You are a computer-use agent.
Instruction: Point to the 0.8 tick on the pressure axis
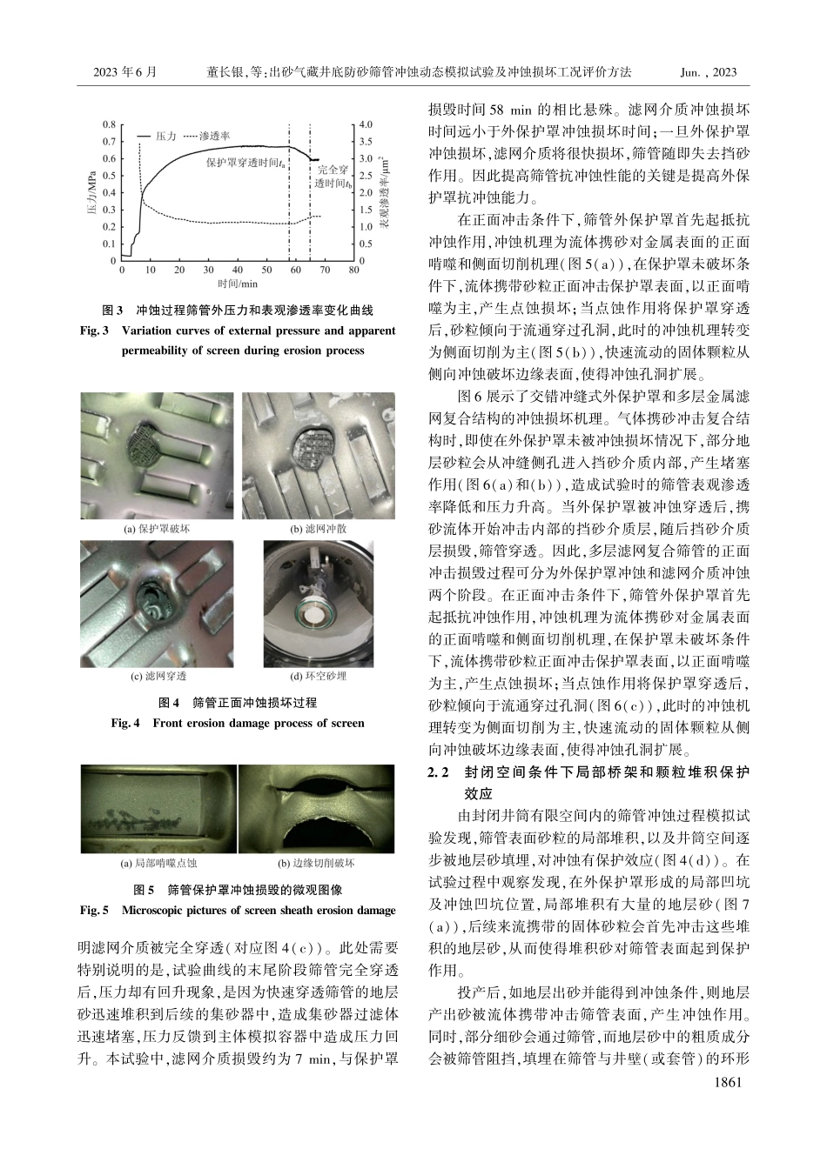click(110, 124)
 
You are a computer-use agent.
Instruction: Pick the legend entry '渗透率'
click(214, 137)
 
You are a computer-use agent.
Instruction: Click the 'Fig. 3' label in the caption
click(93, 331)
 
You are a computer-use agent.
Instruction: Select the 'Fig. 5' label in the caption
click(93, 910)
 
